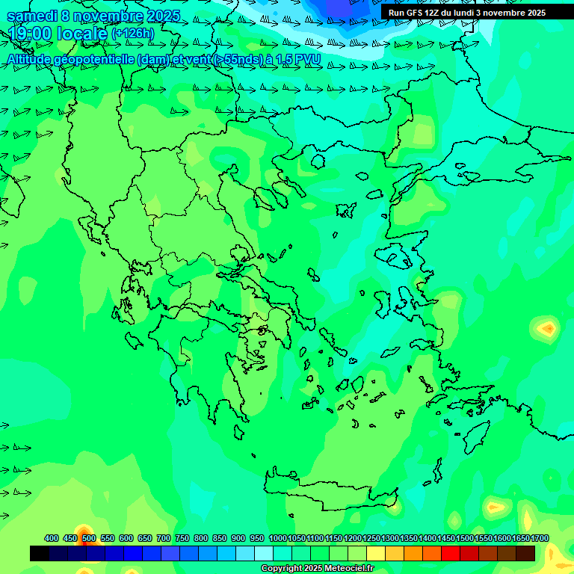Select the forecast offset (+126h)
132,34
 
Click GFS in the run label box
414,13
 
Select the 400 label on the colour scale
52,538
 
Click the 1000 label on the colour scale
278,538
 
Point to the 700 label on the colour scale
164,538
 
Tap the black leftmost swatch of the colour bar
40,553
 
